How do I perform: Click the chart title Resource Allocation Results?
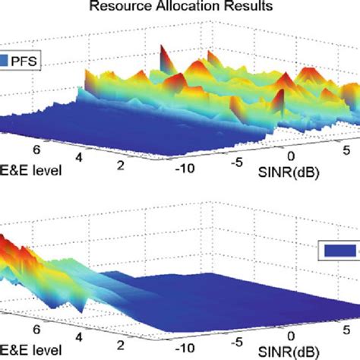[x=179, y=8]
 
